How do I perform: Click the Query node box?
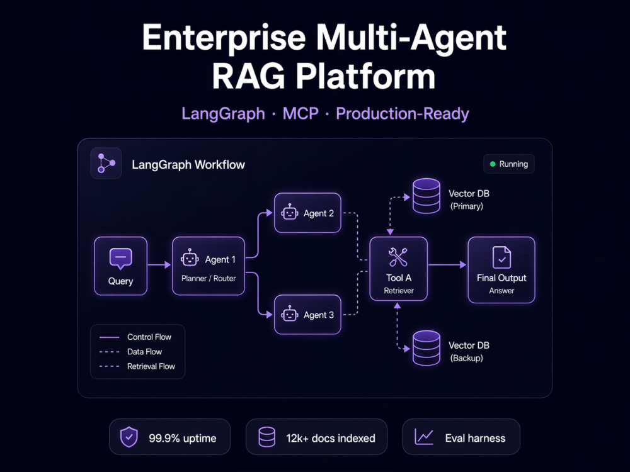click(120, 266)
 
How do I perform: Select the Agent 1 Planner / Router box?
click(209, 266)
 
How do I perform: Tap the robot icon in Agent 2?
click(289, 213)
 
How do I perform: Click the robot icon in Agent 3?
click(289, 314)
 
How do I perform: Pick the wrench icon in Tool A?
click(398, 257)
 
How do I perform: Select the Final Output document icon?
click(501, 257)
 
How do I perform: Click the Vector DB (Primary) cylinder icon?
click(427, 196)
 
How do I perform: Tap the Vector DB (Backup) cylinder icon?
click(427, 348)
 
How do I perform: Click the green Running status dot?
click(493, 164)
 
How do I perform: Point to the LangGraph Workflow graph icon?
click(106, 163)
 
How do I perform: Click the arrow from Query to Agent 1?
click(159, 265)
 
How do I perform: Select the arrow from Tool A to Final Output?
click(447, 265)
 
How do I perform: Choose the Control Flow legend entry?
click(135, 337)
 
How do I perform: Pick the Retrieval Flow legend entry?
click(137, 366)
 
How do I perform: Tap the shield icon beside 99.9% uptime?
click(129, 437)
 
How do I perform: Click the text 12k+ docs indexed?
click(331, 438)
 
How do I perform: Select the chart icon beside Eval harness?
click(424, 437)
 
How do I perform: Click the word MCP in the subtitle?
click(301, 113)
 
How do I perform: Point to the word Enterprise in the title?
click(224, 38)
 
